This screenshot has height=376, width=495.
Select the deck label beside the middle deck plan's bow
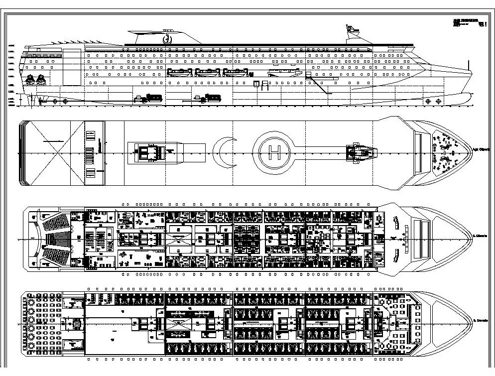click(480, 235)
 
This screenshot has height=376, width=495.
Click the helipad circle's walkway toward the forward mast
click(319, 149)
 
